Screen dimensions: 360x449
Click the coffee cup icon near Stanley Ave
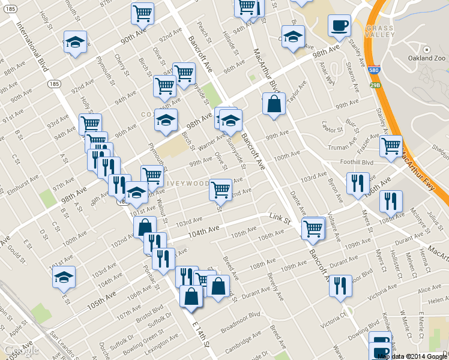pyautogui.click(x=339, y=26)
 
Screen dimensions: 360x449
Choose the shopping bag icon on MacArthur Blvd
pyautogui.click(x=274, y=104)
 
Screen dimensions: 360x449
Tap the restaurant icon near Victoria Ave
pyautogui.click(x=340, y=286)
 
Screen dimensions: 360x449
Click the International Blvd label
pyautogui.click(x=34, y=48)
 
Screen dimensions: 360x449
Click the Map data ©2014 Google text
pyautogui.click(x=412, y=356)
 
